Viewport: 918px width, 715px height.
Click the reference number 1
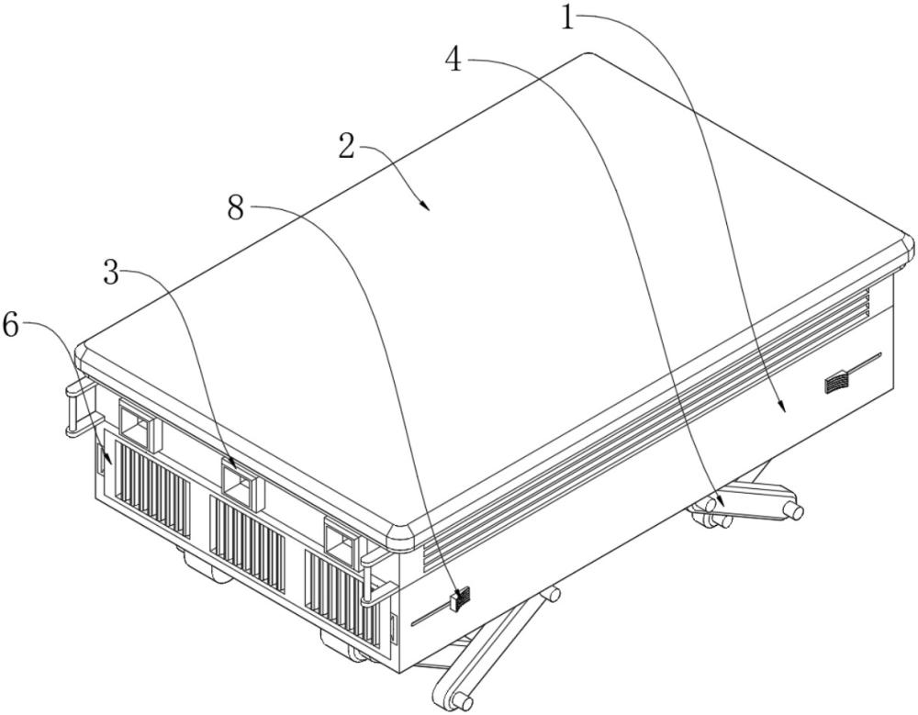(x=567, y=17)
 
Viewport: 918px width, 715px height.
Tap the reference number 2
(x=347, y=147)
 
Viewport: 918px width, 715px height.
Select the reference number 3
(x=111, y=273)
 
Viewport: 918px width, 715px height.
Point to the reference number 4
(x=453, y=59)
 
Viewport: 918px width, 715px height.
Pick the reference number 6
(x=12, y=324)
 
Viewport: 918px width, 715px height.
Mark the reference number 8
(x=235, y=207)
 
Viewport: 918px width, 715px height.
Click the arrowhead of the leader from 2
(x=426, y=205)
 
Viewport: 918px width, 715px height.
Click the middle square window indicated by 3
(x=240, y=481)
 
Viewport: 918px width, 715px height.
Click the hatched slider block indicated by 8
(x=460, y=599)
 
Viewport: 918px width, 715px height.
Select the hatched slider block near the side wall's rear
(x=836, y=383)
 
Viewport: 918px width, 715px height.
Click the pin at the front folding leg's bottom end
(x=463, y=700)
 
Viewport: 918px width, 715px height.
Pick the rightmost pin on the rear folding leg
(x=795, y=510)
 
